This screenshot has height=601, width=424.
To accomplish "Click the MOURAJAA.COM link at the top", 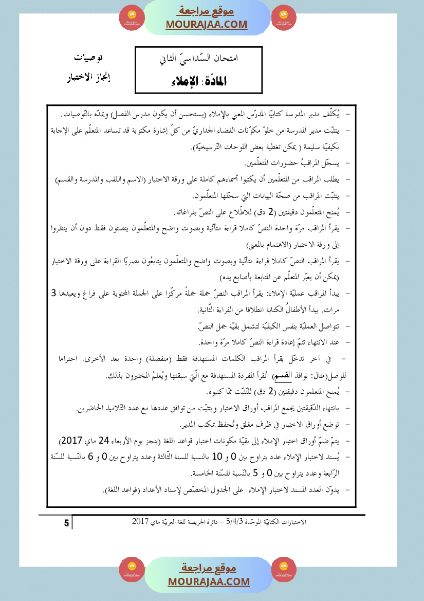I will (x=206, y=25).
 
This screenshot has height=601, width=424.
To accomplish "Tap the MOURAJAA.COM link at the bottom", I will (x=209, y=581).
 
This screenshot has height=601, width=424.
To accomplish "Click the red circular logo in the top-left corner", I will (x=130, y=17).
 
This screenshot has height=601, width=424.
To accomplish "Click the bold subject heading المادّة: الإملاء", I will (x=197, y=81).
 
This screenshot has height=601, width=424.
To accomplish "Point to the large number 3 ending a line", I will (x=54, y=294).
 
